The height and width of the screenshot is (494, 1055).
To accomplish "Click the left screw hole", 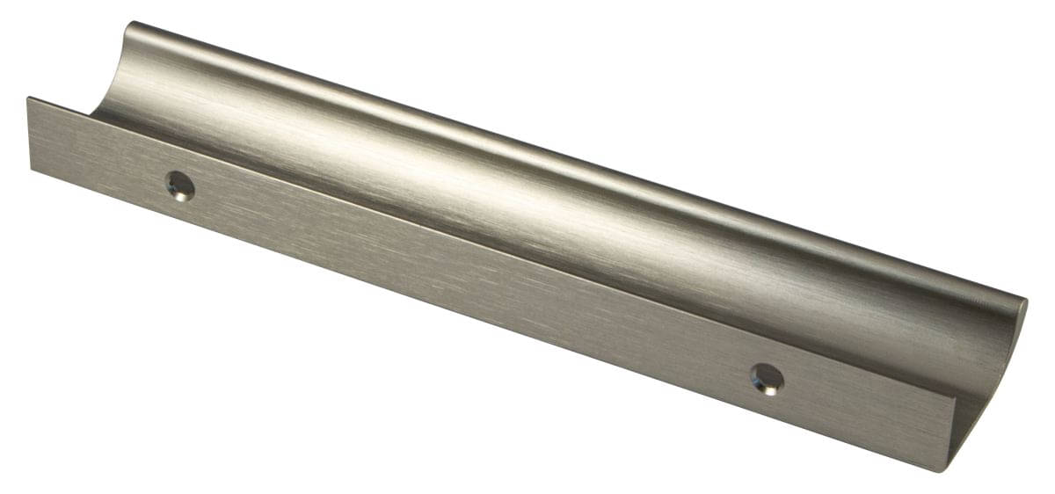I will (180, 185).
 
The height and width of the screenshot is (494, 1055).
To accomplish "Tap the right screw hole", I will (768, 379).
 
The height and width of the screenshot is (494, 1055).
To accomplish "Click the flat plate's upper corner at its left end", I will (28, 98).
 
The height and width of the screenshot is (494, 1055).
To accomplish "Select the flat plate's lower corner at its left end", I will (33, 169).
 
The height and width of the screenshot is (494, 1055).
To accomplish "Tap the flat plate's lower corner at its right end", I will (944, 470).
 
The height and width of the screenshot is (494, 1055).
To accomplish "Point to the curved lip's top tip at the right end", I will (1025, 301).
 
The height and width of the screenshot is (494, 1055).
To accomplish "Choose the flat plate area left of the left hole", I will (97, 149).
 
